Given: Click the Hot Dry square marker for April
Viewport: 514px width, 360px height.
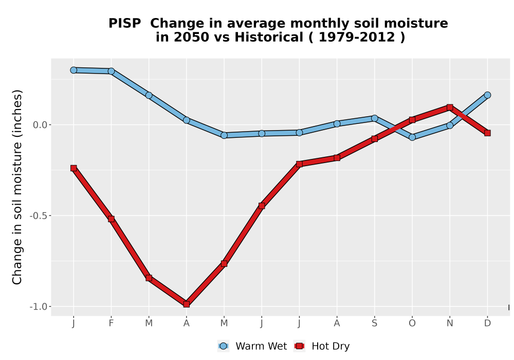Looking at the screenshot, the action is coord(187,304).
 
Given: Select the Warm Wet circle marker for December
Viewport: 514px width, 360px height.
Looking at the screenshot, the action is coord(487,95).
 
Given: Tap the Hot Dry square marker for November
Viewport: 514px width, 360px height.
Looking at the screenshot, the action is coord(450,107).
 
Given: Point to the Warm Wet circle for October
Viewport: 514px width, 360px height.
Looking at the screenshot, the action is coord(412,137).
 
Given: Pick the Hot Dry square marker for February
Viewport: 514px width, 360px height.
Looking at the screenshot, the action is coord(111,219).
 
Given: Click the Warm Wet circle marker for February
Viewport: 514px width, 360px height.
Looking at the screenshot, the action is coord(111,71).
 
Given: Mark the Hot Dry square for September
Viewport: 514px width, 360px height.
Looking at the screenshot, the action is coord(374,139).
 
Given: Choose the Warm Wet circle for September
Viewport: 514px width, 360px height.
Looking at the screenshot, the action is coord(374,118).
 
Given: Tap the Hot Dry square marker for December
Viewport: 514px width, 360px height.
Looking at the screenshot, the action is coord(487,133).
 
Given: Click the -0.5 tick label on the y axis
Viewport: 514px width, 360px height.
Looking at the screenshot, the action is coord(39,215).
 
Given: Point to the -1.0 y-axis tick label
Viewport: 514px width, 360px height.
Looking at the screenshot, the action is coord(39,307).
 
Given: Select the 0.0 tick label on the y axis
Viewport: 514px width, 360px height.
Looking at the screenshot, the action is coord(40,125).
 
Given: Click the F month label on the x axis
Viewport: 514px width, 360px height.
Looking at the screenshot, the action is coord(111,323).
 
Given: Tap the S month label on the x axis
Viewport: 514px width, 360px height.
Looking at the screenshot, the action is coord(374,323).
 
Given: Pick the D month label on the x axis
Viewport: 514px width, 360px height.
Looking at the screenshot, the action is coord(487,323).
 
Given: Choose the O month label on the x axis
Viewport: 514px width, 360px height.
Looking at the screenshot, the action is coord(412,323).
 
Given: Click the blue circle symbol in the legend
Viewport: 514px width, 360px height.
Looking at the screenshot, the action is coord(223,346).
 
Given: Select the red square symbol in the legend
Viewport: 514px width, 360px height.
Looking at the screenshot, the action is coord(299,346).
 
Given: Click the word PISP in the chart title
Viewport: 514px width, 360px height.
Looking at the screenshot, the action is coord(124,24).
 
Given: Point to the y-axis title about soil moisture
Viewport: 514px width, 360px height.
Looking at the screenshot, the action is coord(17,187).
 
